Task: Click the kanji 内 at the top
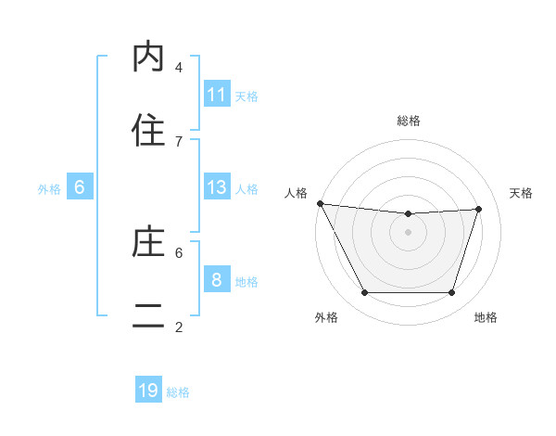tap(148, 58)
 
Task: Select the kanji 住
tap(148, 131)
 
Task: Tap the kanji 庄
tap(148, 242)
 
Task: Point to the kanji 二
tap(148, 316)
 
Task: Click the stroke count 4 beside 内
tap(179, 67)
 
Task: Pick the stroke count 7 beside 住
tap(179, 141)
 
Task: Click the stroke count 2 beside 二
tap(179, 327)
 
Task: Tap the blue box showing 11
tap(217, 95)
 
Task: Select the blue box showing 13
tap(217, 187)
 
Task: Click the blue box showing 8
tap(217, 280)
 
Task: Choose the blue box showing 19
tap(148, 391)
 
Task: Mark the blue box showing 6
tap(80, 187)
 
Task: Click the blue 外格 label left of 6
tap(49, 188)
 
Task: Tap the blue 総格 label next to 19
tap(178, 391)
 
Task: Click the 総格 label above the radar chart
tap(409, 121)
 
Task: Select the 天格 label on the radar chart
tap(521, 193)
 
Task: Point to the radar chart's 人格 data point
tap(320, 203)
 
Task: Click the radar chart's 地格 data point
tap(451, 293)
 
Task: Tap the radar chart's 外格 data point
tap(364, 293)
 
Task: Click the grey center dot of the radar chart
tap(408, 232)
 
